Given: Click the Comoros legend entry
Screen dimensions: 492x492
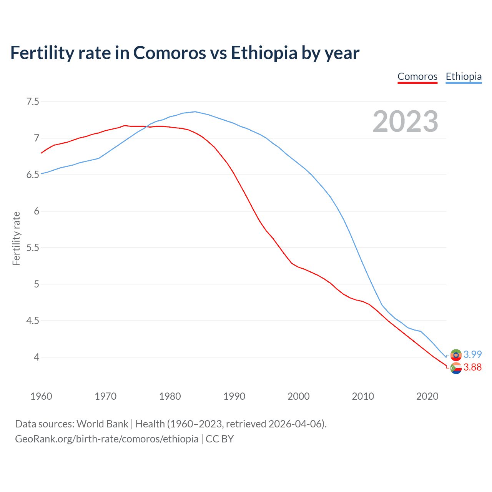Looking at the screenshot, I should click(417, 76).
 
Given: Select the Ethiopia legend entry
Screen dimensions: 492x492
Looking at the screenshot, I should click(464, 76).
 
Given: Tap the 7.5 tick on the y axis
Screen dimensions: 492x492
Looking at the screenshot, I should click(33, 102).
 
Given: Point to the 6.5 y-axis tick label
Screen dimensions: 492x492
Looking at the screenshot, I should click(33, 175).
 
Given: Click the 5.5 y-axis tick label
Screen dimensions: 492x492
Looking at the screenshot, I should click(33, 248).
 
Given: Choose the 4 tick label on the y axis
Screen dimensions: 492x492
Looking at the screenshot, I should click(37, 357).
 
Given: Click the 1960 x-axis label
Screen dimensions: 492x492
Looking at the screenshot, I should click(41, 396).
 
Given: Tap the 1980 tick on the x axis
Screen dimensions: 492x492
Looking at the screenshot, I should click(170, 396).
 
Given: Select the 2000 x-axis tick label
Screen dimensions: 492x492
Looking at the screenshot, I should click(299, 396).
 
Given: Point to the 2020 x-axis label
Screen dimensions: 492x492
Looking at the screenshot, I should click(427, 396).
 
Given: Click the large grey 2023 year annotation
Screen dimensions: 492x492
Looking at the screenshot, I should click(406, 121).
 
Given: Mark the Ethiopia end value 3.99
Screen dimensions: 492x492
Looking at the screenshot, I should click(472, 354).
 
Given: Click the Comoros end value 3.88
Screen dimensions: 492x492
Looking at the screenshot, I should click(472, 367).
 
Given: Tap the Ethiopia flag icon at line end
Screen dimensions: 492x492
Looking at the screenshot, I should click(456, 354).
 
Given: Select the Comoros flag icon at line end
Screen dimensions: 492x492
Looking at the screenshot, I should click(456, 368).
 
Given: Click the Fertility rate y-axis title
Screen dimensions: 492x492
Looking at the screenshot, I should click(16, 238).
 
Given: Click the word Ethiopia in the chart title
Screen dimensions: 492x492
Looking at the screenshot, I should click(264, 53).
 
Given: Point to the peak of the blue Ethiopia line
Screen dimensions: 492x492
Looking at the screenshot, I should click(195, 111).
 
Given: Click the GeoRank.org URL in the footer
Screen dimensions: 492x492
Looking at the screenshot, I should click(106, 439).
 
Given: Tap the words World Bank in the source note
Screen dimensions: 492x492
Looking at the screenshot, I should click(102, 424).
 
